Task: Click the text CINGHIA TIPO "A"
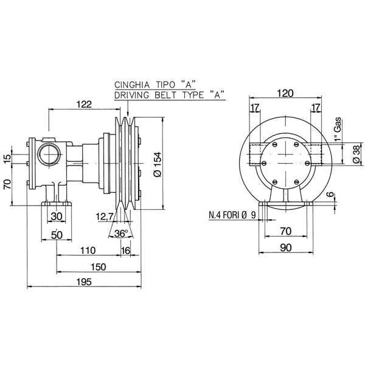point(150,84)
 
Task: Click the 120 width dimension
point(290,93)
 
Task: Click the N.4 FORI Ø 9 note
point(228,215)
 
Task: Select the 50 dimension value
point(55,235)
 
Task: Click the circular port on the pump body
point(46,151)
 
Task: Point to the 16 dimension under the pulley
point(126,250)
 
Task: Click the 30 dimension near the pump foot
point(57,216)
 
